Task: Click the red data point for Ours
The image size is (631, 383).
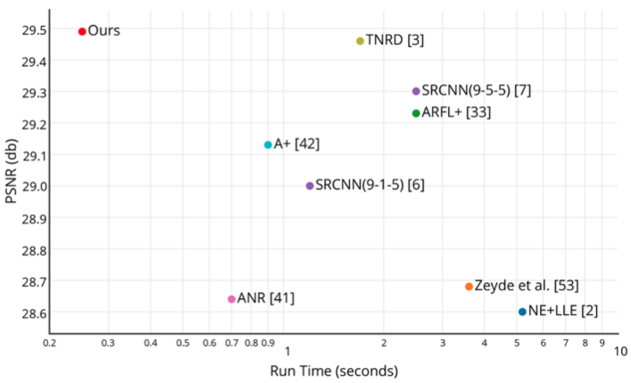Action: (x=82, y=31)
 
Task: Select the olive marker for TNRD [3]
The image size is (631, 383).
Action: (x=360, y=41)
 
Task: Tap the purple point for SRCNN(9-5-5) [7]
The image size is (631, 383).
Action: (x=416, y=91)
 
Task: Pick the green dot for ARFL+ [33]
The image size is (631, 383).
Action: (x=416, y=112)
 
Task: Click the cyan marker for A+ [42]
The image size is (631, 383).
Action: (x=268, y=145)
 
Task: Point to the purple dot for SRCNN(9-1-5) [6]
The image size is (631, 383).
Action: (x=310, y=186)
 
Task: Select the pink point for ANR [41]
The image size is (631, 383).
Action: (x=231, y=299)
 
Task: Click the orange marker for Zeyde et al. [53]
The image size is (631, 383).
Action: (x=469, y=287)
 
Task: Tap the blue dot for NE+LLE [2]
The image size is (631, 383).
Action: (x=522, y=312)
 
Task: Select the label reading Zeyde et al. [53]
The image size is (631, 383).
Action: (x=527, y=286)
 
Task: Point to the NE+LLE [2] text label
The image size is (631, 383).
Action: (x=563, y=312)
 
